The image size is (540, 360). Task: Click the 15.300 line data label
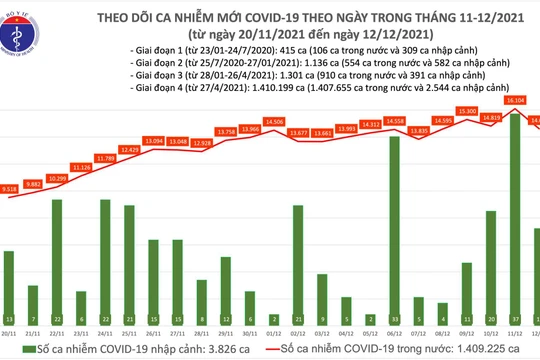click(466, 111)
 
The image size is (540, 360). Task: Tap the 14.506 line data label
click(298, 121)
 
